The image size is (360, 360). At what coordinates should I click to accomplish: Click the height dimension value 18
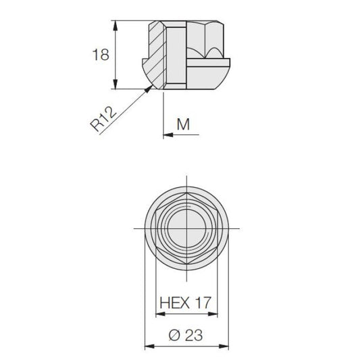pos(101,55)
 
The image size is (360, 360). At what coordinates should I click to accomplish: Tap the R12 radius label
pos(103,119)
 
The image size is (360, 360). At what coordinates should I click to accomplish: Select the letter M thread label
pos(183,124)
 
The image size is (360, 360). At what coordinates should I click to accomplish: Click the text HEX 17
pos(185,303)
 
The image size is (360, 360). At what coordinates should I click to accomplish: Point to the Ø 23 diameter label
pos(186,335)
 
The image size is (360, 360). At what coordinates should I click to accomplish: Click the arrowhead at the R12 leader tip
pos(149,88)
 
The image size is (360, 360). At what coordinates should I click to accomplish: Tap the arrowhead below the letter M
pos(168,135)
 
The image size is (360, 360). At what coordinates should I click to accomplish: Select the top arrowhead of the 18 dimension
pos(115,26)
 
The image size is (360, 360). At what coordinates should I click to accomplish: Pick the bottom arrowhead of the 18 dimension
pos(115,84)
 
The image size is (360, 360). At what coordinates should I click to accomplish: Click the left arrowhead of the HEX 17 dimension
pos(161,314)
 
